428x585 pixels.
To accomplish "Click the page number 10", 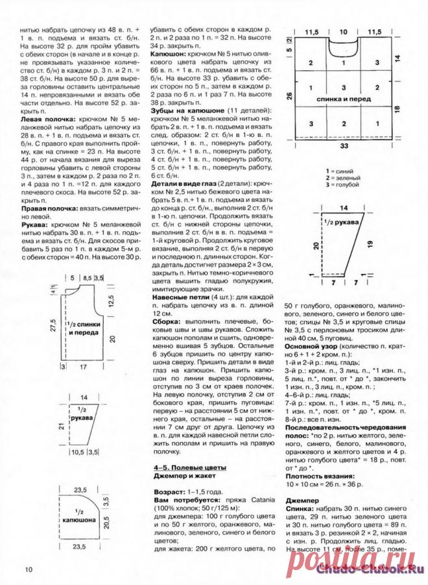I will coord(29,570).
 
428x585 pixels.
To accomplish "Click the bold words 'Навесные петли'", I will coord(182,297).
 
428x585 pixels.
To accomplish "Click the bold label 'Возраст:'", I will coord(171,494).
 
